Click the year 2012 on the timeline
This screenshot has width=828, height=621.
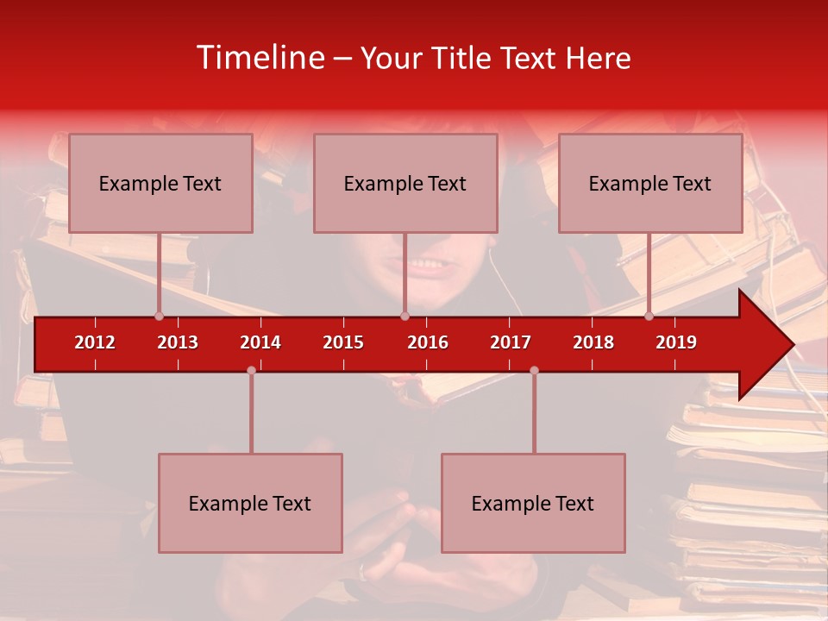point(95,342)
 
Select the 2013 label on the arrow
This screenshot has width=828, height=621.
point(178,342)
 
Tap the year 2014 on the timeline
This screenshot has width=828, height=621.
point(260,342)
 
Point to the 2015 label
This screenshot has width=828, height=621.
point(343,342)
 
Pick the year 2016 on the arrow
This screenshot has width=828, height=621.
point(428,342)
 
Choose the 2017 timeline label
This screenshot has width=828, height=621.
point(511,342)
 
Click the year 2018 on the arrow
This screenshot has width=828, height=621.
point(593,342)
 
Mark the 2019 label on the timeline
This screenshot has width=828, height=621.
point(676,342)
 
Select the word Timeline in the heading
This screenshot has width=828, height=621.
point(260,58)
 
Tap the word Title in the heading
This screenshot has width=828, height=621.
point(463,58)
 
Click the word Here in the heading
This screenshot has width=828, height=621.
point(598,58)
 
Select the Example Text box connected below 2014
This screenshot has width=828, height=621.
point(250,503)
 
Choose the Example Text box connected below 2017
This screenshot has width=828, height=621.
point(533,503)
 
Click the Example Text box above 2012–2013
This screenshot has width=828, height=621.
point(160,183)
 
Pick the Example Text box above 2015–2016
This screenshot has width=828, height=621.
point(405,183)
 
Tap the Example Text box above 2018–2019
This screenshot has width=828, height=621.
point(650,183)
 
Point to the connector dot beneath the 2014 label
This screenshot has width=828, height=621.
point(251,371)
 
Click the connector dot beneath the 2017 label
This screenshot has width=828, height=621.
point(534,371)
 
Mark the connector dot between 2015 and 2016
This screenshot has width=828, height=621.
point(405,317)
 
